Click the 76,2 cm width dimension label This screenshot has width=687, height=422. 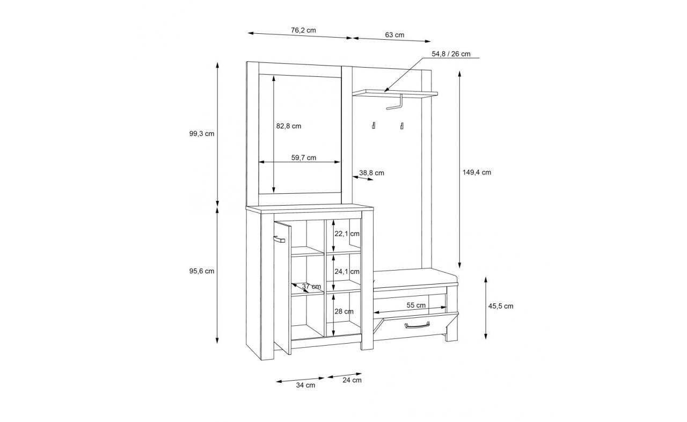click(x=303, y=31)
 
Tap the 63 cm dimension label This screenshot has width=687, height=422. click(x=394, y=35)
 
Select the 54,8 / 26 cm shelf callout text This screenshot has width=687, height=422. click(x=451, y=54)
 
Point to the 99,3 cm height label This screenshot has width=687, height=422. click(x=201, y=134)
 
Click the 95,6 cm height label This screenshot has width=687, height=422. click(x=201, y=271)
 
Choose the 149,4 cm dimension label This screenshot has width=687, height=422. click(x=477, y=172)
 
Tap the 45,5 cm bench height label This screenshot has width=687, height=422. click(x=501, y=306)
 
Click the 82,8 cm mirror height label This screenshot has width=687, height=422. click(x=289, y=126)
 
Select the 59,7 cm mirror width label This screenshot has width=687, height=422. click(x=304, y=158)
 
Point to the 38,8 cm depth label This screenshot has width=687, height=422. click(x=372, y=173)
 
